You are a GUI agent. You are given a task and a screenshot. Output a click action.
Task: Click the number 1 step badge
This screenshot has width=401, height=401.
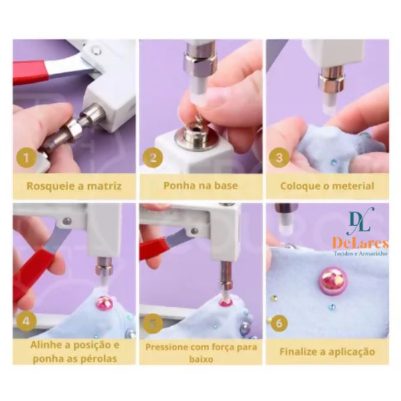25,159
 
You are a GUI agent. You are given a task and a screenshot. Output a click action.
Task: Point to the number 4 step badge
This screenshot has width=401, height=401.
25,321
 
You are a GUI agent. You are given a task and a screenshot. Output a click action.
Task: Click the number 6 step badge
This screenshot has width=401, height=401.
279,323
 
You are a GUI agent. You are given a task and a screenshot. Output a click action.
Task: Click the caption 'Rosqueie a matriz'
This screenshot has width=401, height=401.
74,186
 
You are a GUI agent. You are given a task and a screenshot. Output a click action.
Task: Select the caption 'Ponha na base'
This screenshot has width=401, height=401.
200,186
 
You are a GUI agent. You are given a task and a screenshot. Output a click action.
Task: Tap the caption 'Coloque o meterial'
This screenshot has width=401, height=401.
327,186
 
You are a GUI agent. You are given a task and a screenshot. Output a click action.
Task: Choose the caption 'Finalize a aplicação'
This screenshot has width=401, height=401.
327,352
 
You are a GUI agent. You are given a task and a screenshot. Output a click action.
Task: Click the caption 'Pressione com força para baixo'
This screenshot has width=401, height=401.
200,352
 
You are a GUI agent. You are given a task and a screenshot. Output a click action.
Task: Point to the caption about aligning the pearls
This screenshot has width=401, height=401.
74,352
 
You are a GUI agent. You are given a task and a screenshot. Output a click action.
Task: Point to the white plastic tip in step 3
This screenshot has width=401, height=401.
331,101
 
